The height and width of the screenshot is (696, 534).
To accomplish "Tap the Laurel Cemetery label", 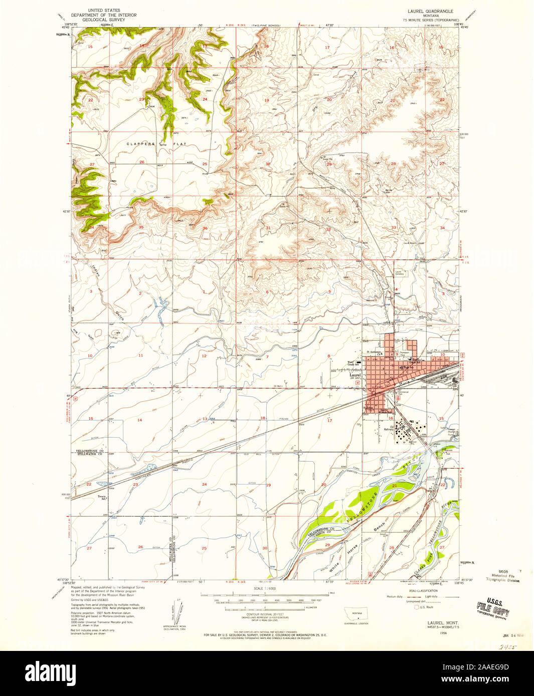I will (399, 273).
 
